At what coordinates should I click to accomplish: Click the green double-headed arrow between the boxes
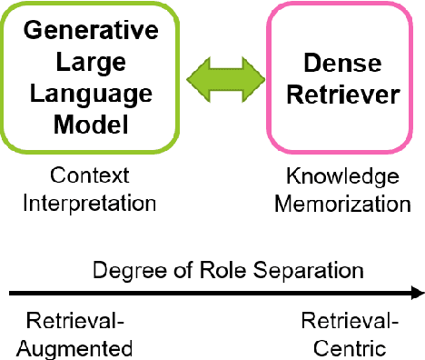(x=221, y=80)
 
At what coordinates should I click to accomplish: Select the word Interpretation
(x=90, y=202)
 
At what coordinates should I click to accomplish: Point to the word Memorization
(x=343, y=204)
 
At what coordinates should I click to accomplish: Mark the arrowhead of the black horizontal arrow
(x=417, y=293)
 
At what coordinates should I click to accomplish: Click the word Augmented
(x=79, y=348)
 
